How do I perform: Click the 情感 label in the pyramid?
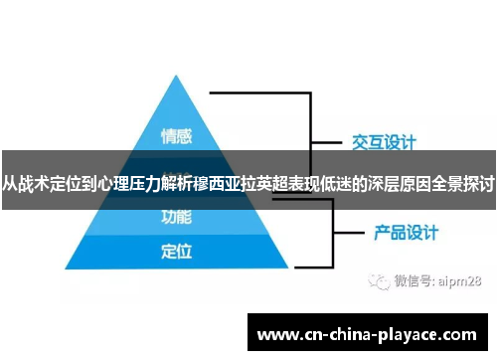176,135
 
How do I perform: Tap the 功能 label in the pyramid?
176,215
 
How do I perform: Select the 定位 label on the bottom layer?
176,252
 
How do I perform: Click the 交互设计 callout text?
384,141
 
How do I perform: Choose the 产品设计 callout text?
405,233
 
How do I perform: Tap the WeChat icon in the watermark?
378,281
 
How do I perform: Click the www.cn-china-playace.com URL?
367,335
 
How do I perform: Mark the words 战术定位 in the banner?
51,184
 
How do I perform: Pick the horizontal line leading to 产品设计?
344,234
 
